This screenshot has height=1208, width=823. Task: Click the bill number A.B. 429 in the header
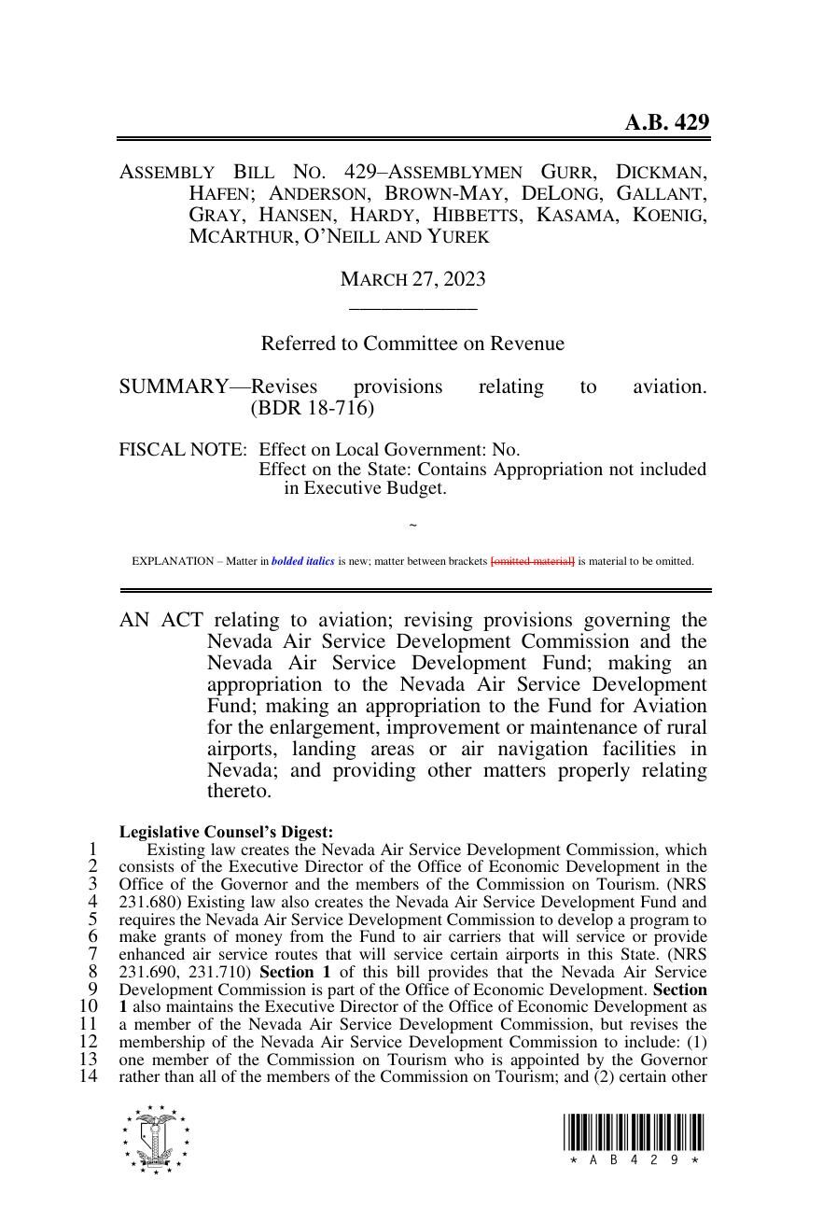(666, 122)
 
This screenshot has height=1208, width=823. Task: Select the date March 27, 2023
(412, 279)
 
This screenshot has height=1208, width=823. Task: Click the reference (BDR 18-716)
(312, 408)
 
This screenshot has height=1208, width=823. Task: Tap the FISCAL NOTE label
(183, 449)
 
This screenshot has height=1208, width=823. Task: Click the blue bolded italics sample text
(302, 561)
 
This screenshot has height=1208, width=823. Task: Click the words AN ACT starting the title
(161, 620)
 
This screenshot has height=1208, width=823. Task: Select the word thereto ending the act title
(239, 792)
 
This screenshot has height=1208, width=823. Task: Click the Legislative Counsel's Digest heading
(226, 832)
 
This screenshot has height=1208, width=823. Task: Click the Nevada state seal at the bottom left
(155, 1139)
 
